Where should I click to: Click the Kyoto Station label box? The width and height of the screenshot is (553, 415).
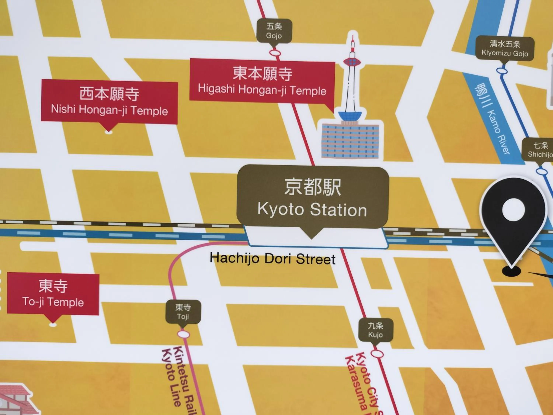pyautogui.click(x=312, y=198)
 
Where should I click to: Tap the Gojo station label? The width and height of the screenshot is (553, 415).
pyautogui.click(x=274, y=31)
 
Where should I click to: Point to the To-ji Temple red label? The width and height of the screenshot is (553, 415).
pyautogui.click(x=53, y=294)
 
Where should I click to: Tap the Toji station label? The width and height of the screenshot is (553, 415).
pyautogui.click(x=183, y=312)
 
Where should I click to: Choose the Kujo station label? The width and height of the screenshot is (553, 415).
pyautogui.click(x=375, y=330)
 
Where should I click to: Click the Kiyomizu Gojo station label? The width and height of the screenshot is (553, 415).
pyautogui.click(x=505, y=49)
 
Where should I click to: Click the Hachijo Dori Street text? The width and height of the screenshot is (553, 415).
pyautogui.click(x=272, y=259)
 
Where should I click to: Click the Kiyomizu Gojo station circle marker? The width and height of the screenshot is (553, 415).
pyautogui.click(x=502, y=70)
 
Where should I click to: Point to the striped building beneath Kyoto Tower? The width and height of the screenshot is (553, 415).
pyautogui.click(x=350, y=141)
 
